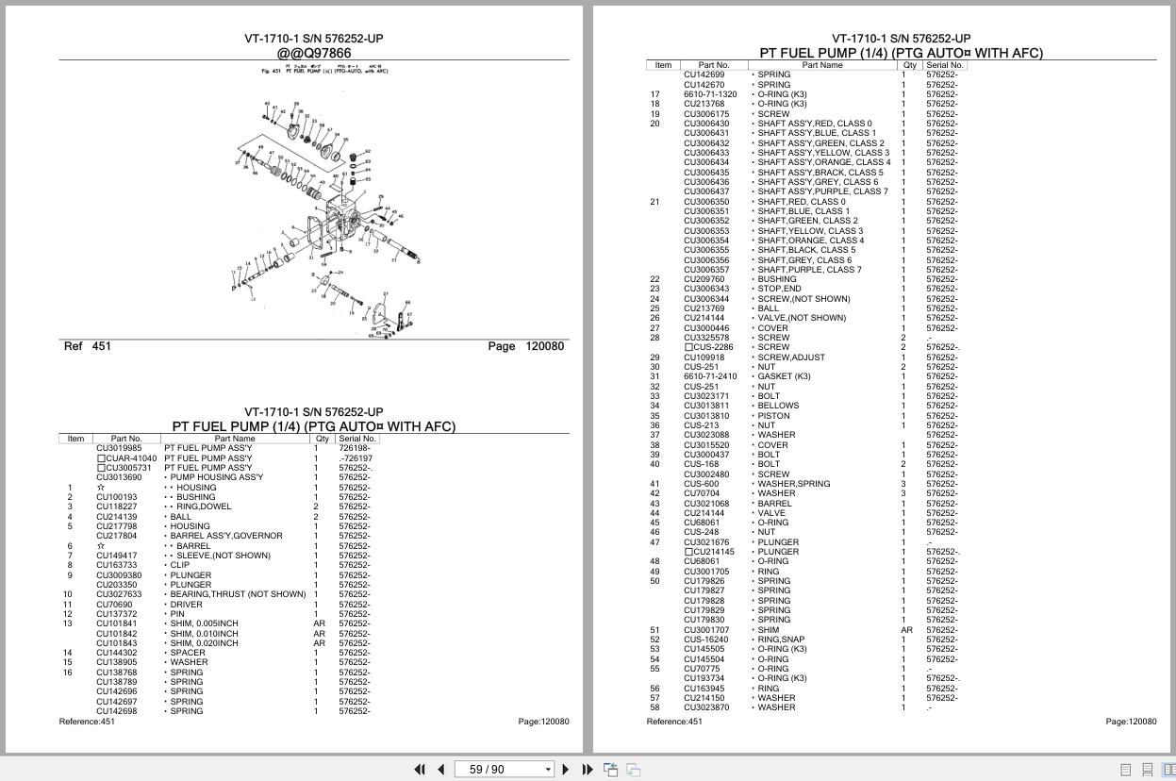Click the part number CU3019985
pos(119,448)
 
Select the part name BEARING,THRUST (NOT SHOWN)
pos(238,594)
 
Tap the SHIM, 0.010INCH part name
pos(204,634)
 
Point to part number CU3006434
pos(706,162)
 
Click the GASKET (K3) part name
pos(784,376)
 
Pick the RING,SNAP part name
pos(781,640)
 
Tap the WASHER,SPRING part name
pos(793,484)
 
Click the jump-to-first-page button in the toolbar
pos(420,770)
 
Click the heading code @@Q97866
pos(314,53)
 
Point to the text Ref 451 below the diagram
pos(88,346)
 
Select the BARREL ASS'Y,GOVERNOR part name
pos(226,536)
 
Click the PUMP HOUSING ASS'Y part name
pos(216,477)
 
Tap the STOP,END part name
pos(779,289)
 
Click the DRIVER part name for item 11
pos(186,605)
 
